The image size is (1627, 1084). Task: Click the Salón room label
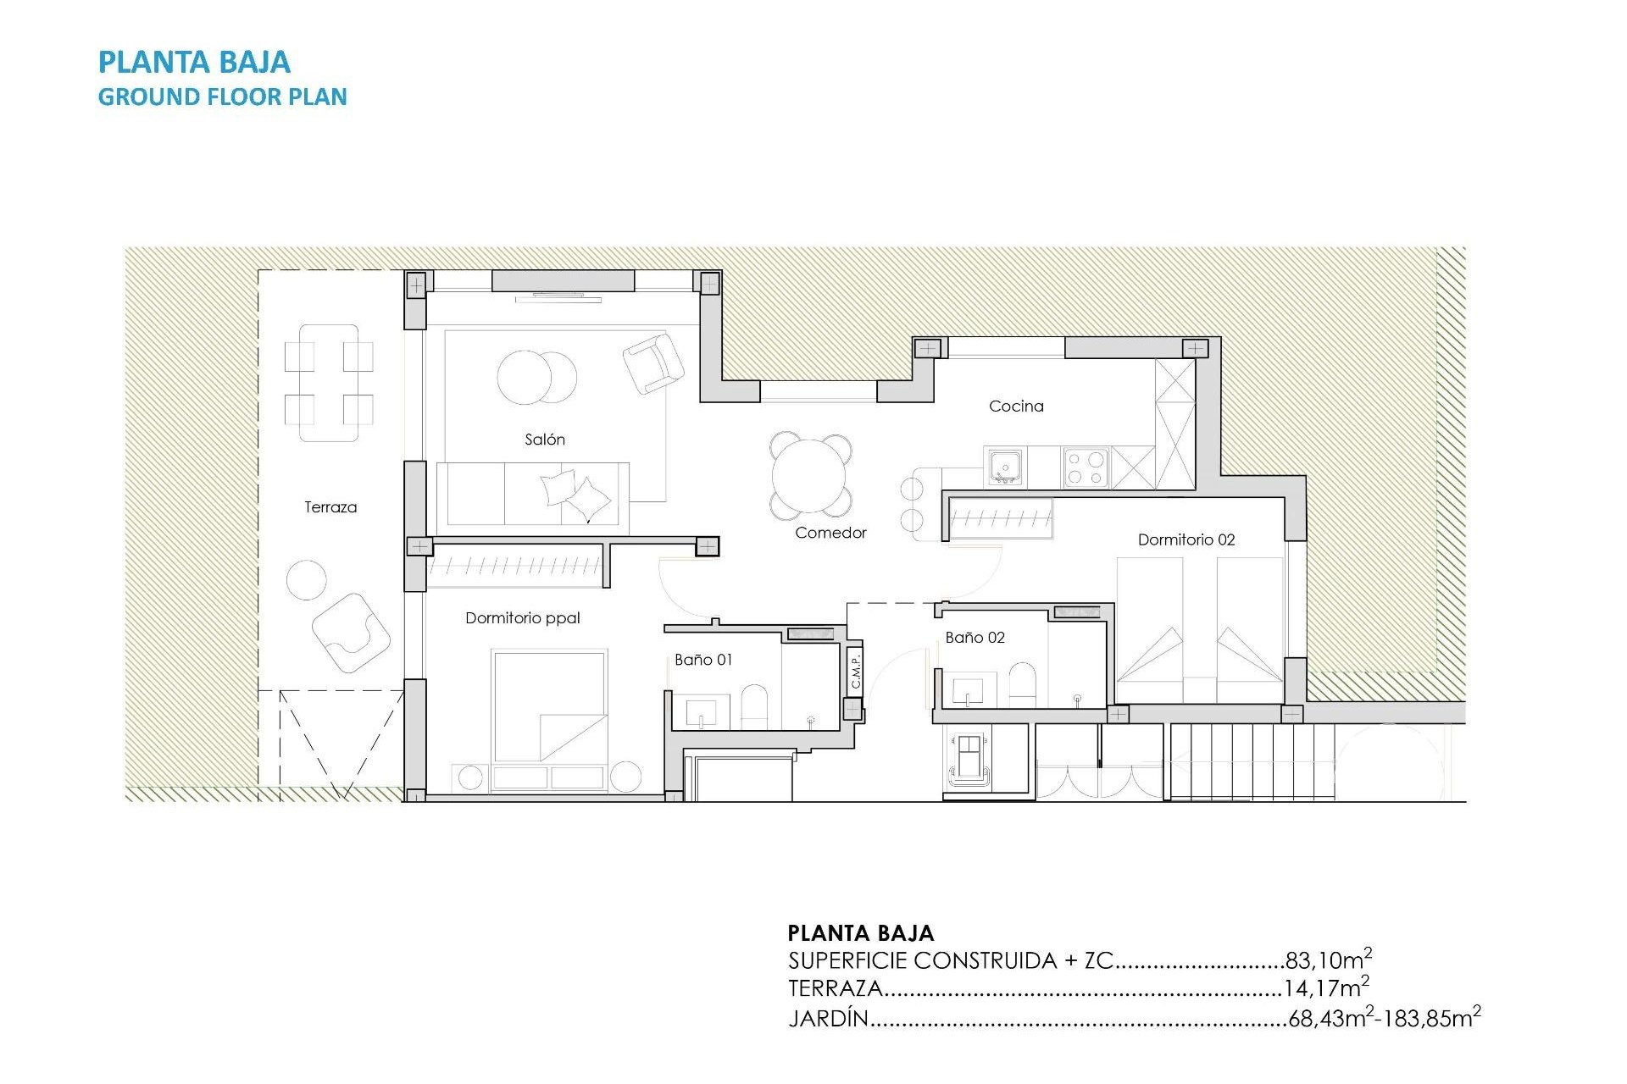(x=544, y=440)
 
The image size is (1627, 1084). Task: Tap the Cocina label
(x=1016, y=406)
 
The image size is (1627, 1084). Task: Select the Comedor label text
(x=830, y=533)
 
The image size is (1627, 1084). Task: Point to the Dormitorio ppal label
(x=522, y=618)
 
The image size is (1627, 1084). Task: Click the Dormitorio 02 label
(x=1186, y=539)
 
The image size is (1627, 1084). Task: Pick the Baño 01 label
(x=703, y=660)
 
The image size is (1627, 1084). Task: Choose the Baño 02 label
(x=975, y=638)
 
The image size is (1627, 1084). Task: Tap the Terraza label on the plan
(x=330, y=507)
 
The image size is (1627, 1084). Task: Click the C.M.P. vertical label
(x=856, y=670)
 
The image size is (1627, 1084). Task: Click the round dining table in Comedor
(x=810, y=476)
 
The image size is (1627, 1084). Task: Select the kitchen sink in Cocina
(x=1005, y=467)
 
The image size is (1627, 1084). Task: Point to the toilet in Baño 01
(x=754, y=707)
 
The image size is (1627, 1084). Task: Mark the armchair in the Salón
(x=652, y=363)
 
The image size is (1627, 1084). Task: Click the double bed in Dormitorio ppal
(x=549, y=706)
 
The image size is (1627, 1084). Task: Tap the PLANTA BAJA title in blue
(x=194, y=63)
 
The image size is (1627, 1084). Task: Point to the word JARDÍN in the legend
(x=828, y=1018)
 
